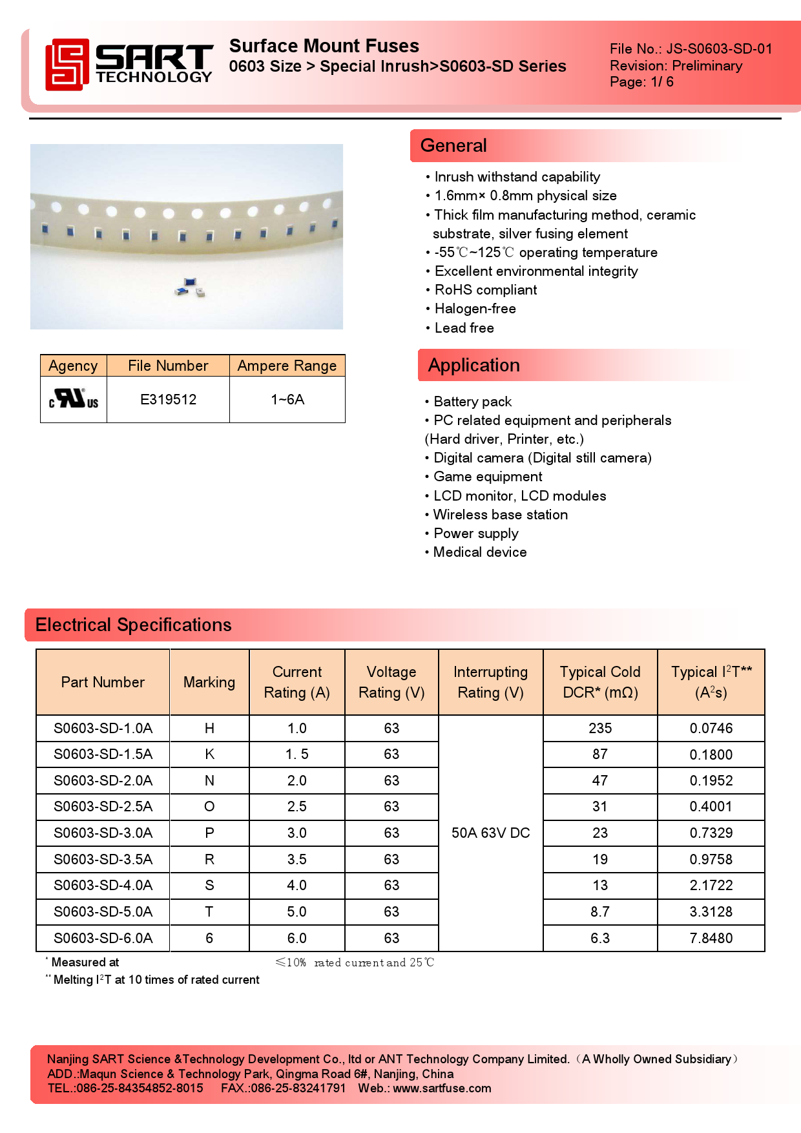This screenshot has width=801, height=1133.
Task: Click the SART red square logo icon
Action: tap(67, 64)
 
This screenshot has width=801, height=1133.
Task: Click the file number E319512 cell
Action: tap(168, 399)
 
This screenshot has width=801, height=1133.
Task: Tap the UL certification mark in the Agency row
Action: tap(74, 399)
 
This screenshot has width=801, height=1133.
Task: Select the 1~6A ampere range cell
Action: tap(287, 399)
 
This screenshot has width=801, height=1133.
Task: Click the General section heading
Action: tap(453, 145)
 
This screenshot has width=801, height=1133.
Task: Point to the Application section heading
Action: tap(473, 365)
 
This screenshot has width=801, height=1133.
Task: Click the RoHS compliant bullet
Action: tap(485, 290)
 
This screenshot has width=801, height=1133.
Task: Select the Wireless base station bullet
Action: tap(500, 515)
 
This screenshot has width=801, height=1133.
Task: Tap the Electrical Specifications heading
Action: tap(133, 625)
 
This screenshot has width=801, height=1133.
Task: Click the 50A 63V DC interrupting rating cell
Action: tap(490, 833)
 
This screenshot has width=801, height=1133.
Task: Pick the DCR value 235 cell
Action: tap(599, 728)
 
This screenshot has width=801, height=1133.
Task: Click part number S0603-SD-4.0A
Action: tap(103, 885)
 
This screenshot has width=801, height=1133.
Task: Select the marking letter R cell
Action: tap(209, 859)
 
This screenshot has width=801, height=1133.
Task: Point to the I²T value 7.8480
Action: tap(711, 938)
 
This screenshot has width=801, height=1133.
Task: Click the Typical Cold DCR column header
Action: tap(599, 682)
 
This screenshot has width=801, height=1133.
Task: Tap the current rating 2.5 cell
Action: tap(296, 806)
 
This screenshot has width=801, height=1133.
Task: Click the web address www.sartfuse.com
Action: tap(442, 1088)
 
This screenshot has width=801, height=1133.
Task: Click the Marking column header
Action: tap(209, 682)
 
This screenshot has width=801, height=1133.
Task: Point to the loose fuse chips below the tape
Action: tap(190, 287)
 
